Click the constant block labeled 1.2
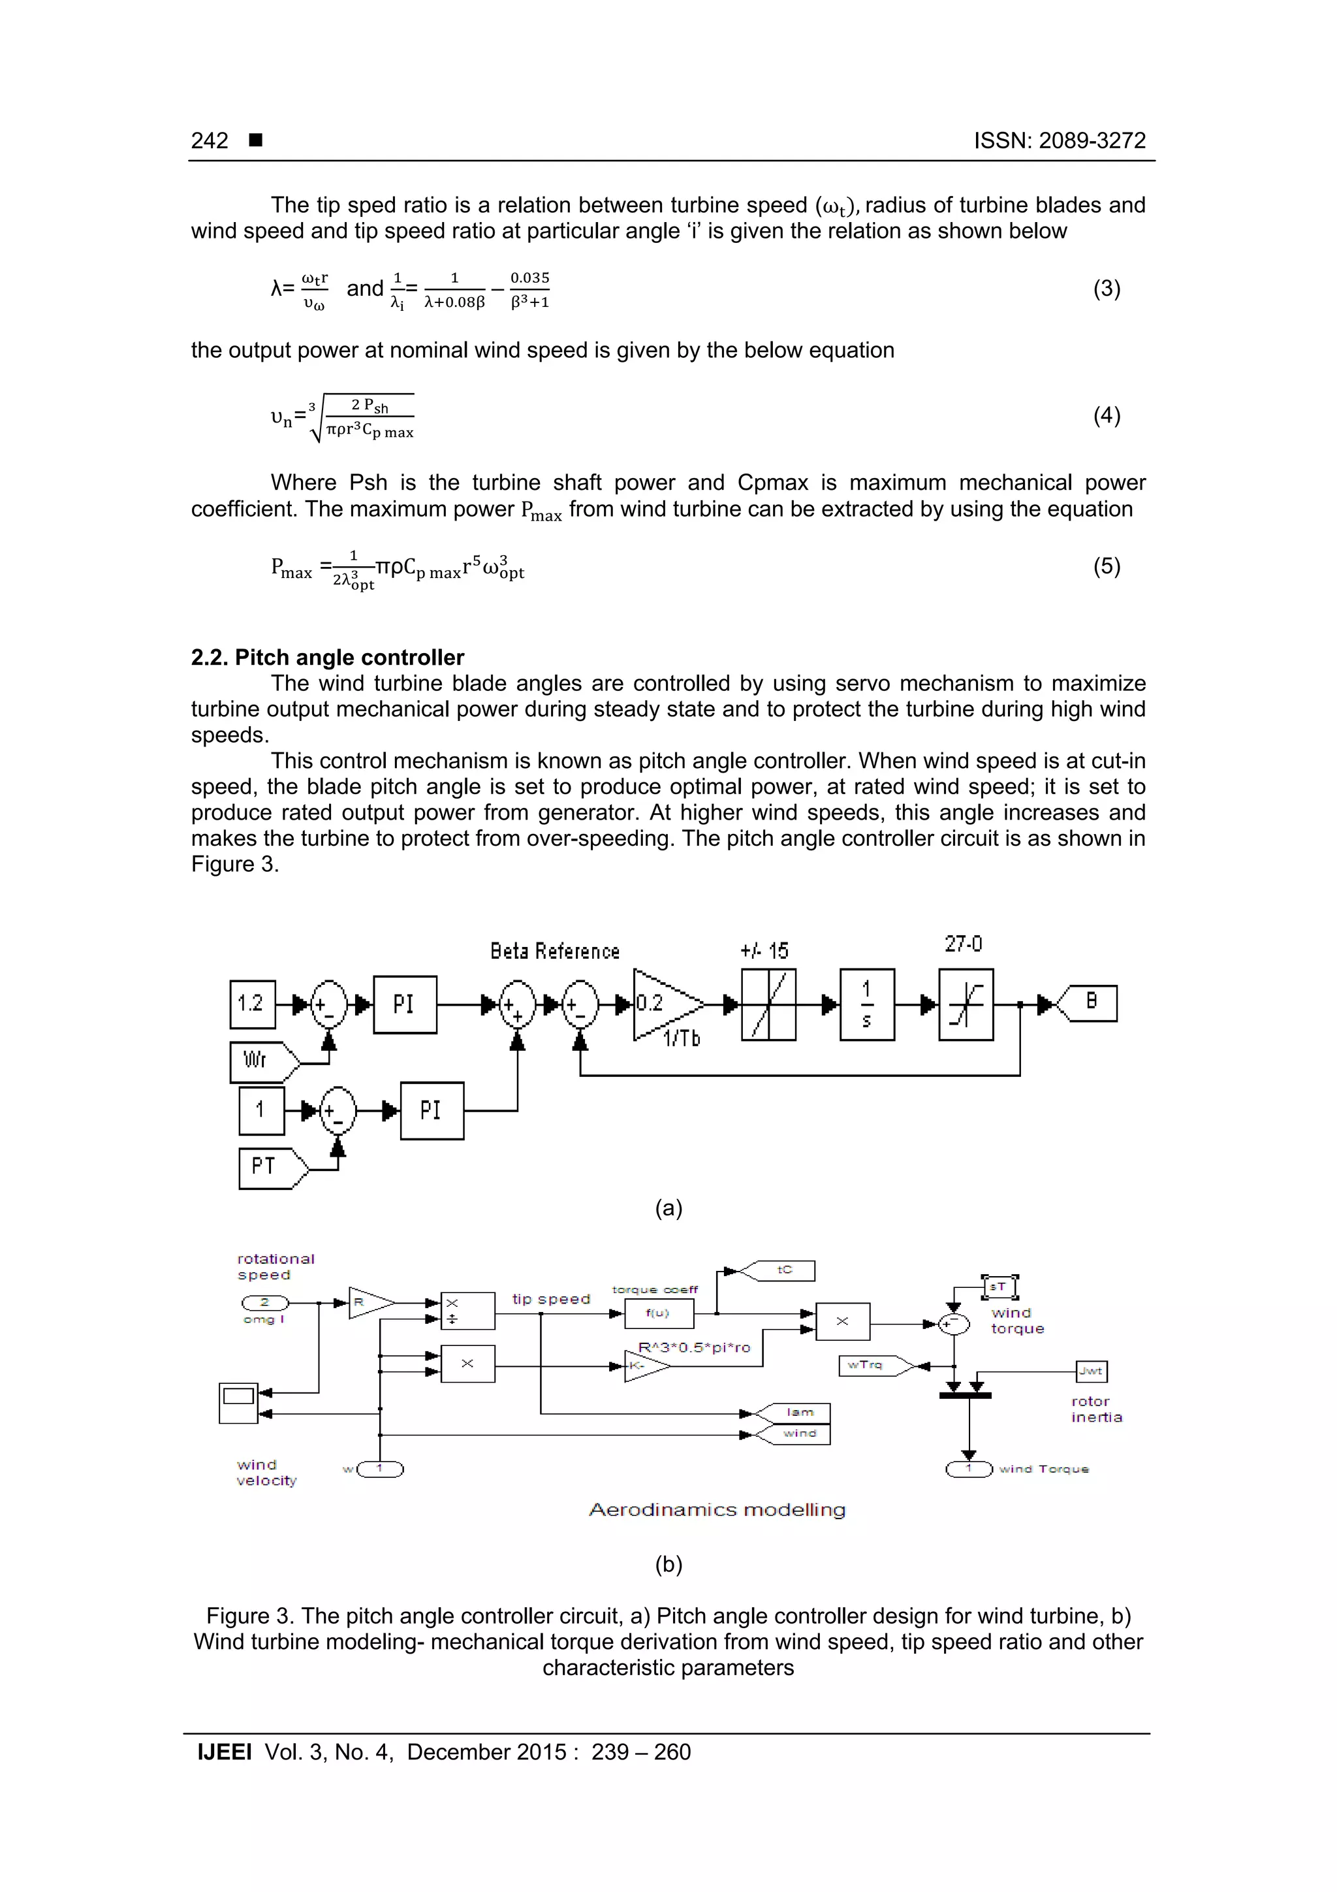[x=252, y=1004]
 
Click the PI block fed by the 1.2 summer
[x=405, y=1004]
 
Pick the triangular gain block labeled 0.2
[x=663, y=1004]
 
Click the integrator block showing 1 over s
[x=866, y=1004]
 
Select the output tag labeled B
[x=1090, y=1003]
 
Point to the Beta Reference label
[x=554, y=951]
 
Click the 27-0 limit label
[x=963, y=944]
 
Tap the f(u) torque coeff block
[x=658, y=1313]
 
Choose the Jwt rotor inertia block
[x=1092, y=1371]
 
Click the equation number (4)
[x=1107, y=415]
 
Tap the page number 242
[x=210, y=141]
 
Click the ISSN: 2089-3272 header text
[x=1060, y=141]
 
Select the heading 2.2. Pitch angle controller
[x=327, y=658]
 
